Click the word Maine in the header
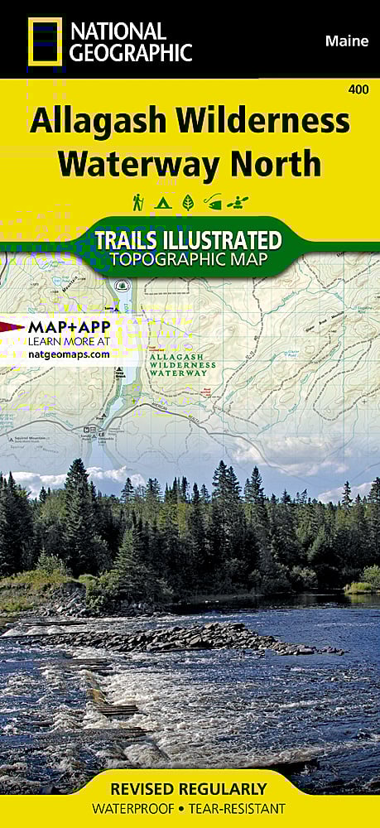(347, 40)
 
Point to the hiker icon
(138, 201)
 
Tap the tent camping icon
(162, 201)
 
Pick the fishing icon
(214, 201)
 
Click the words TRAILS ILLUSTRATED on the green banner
(188, 240)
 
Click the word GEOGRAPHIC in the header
(131, 54)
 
